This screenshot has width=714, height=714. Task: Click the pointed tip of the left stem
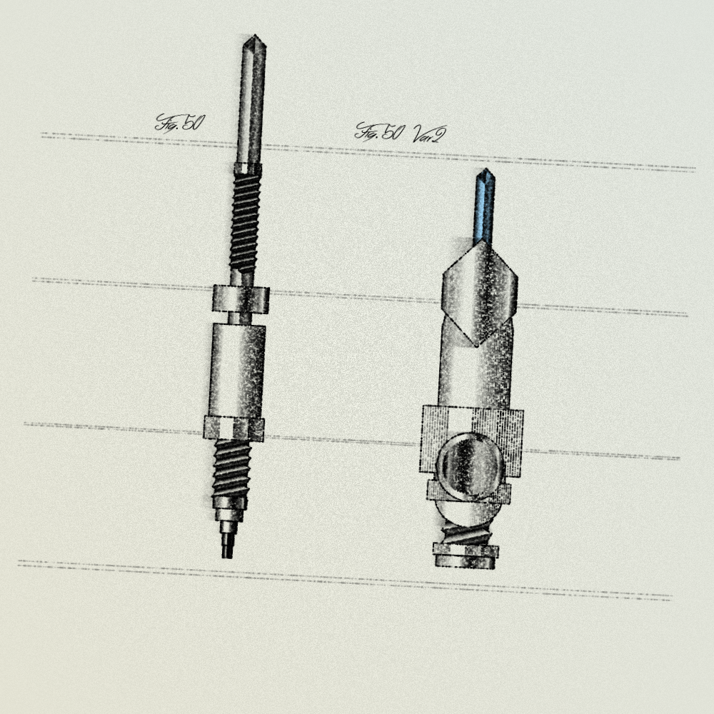(x=254, y=36)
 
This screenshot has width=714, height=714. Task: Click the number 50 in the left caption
(x=193, y=123)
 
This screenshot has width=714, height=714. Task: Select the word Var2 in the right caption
(x=429, y=134)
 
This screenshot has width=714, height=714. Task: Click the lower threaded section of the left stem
(x=231, y=469)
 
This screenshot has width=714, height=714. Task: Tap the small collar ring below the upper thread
(x=241, y=299)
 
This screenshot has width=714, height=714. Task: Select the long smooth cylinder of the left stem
(x=237, y=370)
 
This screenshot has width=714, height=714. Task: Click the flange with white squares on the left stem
(x=234, y=428)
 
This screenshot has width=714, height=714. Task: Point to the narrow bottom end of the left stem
(x=227, y=546)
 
